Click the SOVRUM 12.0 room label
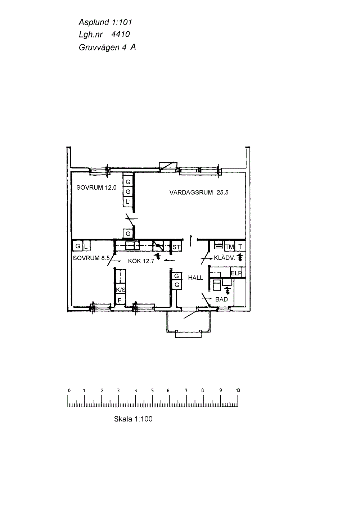tap(96, 188)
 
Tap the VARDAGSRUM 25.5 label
tap(199, 192)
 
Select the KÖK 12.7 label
tap(141, 261)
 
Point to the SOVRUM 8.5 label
tap(91, 258)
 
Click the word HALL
tap(195, 278)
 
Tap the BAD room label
tap(222, 299)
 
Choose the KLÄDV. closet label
tap(225, 258)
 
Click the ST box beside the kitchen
tap(176, 247)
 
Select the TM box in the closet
tap(229, 247)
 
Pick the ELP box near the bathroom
tap(236, 273)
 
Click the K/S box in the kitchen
tap(121, 290)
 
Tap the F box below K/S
tap(120, 300)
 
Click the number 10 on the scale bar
tap(238, 390)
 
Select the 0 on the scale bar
tap(69, 390)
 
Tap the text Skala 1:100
tap(133, 419)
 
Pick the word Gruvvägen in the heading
tap(99, 47)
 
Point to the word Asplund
tap(94, 22)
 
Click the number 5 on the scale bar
tap(152, 390)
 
